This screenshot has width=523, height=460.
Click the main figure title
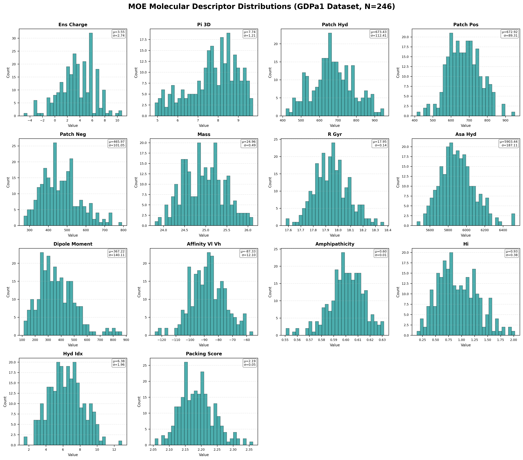[x=261, y=7]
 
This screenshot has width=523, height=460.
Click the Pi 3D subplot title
[x=204, y=25]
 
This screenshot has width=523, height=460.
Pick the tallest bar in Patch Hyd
[x=330, y=74]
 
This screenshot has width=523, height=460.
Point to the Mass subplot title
[x=204, y=134]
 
